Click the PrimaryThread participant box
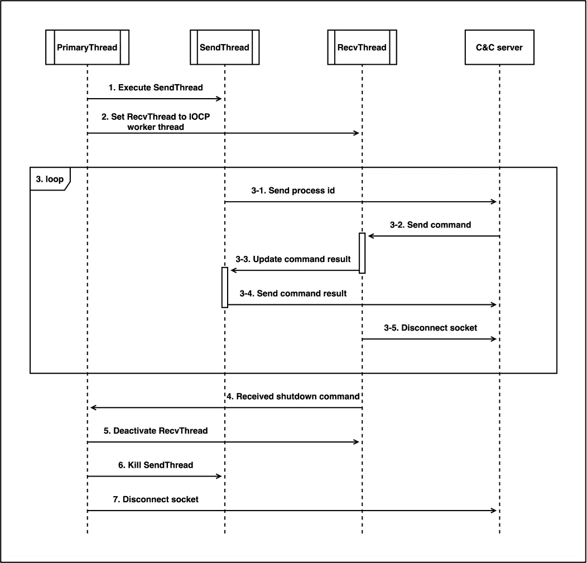[87, 47]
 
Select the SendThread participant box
[225, 47]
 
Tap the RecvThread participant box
[362, 47]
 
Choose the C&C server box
[499, 47]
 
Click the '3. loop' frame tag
[50, 179]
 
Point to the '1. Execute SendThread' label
[156, 88]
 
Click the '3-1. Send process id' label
[293, 191]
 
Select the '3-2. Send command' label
[431, 225]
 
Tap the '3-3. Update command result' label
[293, 259]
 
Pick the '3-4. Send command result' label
[293, 293]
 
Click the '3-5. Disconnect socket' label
[431, 328]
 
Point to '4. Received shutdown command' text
[293, 396]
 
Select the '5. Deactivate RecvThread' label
[156, 430]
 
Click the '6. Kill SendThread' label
[156, 465]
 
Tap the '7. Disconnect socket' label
[156, 499]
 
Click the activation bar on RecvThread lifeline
[362, 253]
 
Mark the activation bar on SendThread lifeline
[225, 287]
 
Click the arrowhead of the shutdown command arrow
[93, 407]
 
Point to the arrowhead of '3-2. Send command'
[371, 236]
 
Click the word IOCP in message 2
[199, 117]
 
